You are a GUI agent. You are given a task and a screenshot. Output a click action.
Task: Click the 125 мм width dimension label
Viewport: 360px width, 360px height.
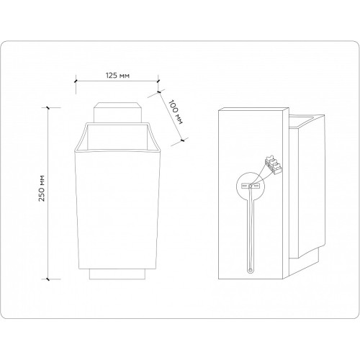pyautogui.click(x=117, y=76)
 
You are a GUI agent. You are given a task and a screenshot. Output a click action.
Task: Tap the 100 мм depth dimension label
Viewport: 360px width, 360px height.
pyautogui.click(x=176, y=112)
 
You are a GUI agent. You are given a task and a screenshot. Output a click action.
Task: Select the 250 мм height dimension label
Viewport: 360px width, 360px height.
pyautogui.click(x=42, y=189)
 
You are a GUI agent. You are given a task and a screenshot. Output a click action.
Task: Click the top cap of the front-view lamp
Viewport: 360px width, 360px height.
pyautogui.click(x=117, y=113)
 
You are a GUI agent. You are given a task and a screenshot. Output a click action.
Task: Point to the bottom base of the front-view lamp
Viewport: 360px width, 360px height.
pyautogui.click(x=117, y=274)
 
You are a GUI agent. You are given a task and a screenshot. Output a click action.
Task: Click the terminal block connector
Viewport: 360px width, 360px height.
pyautogui.click(x=273, y=165)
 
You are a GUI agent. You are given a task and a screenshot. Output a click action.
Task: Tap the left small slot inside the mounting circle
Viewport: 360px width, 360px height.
pyautogui.click(x=244, y=186)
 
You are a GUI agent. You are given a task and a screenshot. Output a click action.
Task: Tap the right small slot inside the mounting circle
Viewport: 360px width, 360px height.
pyautogui.click(x=256, y=186)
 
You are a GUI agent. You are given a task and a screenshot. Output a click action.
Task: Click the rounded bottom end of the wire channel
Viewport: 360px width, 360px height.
pyautogui.click(x=250, y=271)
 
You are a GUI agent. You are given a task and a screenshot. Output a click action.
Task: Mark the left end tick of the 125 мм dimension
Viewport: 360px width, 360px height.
pyautogui.click(x=76, y=81)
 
